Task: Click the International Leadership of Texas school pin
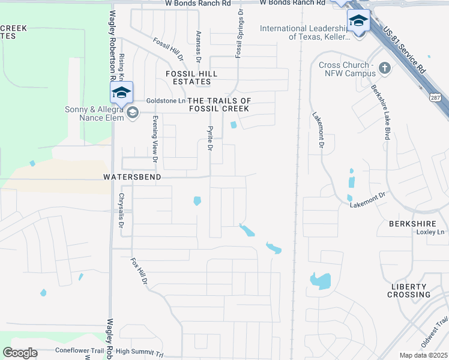point(358,22)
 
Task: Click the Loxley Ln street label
point(431,232)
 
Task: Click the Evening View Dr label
point(154,139)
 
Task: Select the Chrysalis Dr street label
point(121,210)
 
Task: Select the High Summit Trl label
point(139,352)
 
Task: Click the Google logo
point(20,353)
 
